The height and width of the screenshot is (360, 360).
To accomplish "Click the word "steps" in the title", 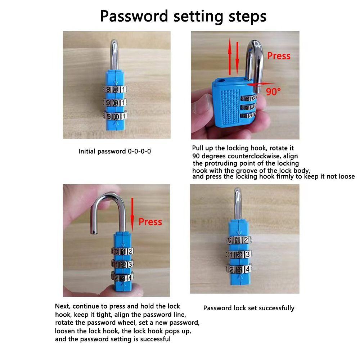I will (x=245, y=16).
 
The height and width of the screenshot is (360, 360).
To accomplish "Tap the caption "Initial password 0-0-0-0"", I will (x=114, y=151).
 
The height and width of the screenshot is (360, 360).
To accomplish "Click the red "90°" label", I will (x=274, y=91).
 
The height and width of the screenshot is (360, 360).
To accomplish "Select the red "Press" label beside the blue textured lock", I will (x=279, y=56).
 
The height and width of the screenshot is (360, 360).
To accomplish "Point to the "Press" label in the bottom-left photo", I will (x=150, y=222).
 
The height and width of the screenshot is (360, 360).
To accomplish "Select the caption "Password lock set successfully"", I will (x=249, y=308).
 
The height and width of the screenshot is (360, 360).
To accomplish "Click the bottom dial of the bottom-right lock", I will (x=239, y=269).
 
